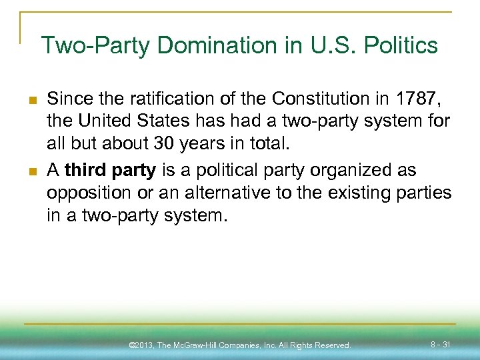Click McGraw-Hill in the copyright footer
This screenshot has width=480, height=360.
[201, 345]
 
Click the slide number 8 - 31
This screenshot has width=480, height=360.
[440, 344]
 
